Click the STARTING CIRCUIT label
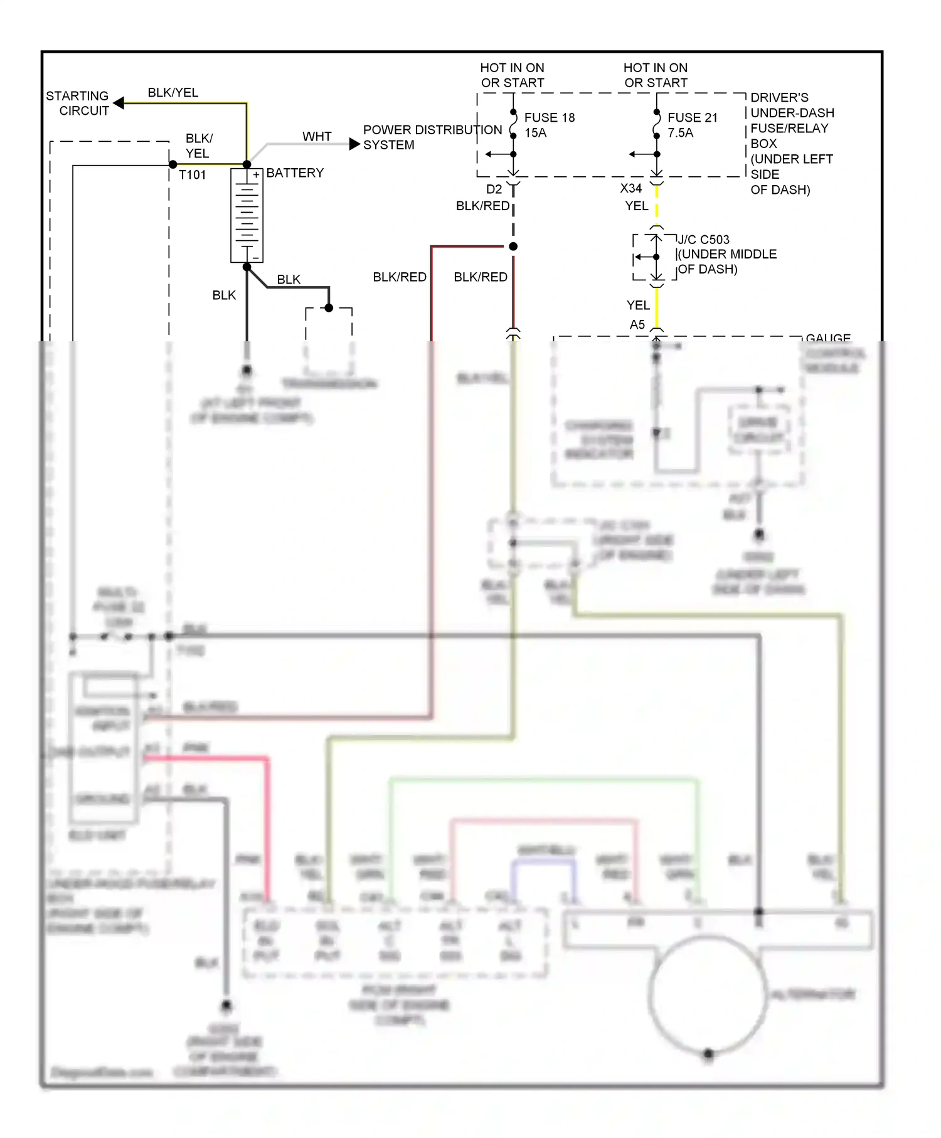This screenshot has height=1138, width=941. click(77, 104)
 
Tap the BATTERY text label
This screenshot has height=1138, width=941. click(295, 173)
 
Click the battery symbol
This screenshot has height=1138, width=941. click(247, 215)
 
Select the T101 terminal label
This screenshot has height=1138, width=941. click(192, 175)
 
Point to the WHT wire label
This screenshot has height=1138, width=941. click(317, 137)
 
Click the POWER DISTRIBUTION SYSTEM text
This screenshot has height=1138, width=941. click(432, 137)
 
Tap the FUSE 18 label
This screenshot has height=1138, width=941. click(550, 118)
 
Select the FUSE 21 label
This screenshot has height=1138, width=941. click(692, 118)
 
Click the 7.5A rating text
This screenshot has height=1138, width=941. click(681, 133)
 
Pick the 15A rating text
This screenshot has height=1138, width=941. click(536, 133)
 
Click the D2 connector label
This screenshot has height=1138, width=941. click(494, 189)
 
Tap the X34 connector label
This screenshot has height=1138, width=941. click(630, 188)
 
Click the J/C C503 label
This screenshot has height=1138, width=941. click(704, 240)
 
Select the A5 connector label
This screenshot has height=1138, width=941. click(637, 325)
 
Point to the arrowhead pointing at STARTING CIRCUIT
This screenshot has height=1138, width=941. click(119, 103)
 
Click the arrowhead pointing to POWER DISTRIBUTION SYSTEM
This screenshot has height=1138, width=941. click(354, 144)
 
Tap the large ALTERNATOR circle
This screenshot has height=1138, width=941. click(708, 995)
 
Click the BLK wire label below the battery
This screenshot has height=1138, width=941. click(224, 295)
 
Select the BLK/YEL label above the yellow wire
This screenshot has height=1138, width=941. click(173, 93)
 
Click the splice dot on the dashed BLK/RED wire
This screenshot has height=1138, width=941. click(513, 247)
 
